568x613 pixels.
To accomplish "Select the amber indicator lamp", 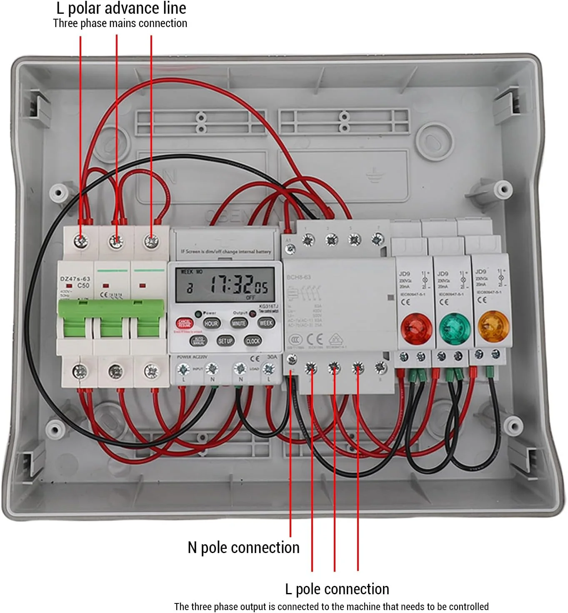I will pos(493,327).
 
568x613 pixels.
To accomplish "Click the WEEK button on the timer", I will pos(266,323).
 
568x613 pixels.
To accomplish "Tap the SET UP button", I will pos(225,341).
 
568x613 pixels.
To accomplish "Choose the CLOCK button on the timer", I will pos(253,341).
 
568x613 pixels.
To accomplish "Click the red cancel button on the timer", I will pos(185,323).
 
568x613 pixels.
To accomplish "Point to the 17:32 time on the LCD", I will pos(231,285).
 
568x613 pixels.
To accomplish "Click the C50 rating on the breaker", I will pos(83,286).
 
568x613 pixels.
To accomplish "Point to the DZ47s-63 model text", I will pos(75,279).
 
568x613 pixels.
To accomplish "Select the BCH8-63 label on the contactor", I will pos(298,277).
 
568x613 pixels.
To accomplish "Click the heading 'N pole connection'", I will pos(243,548).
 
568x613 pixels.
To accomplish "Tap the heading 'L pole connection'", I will pos(337,589).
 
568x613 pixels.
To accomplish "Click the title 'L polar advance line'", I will pos(121,8).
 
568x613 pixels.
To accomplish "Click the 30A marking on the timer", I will pos(272,357).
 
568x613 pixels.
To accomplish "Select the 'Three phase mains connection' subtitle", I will pos(120,23).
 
